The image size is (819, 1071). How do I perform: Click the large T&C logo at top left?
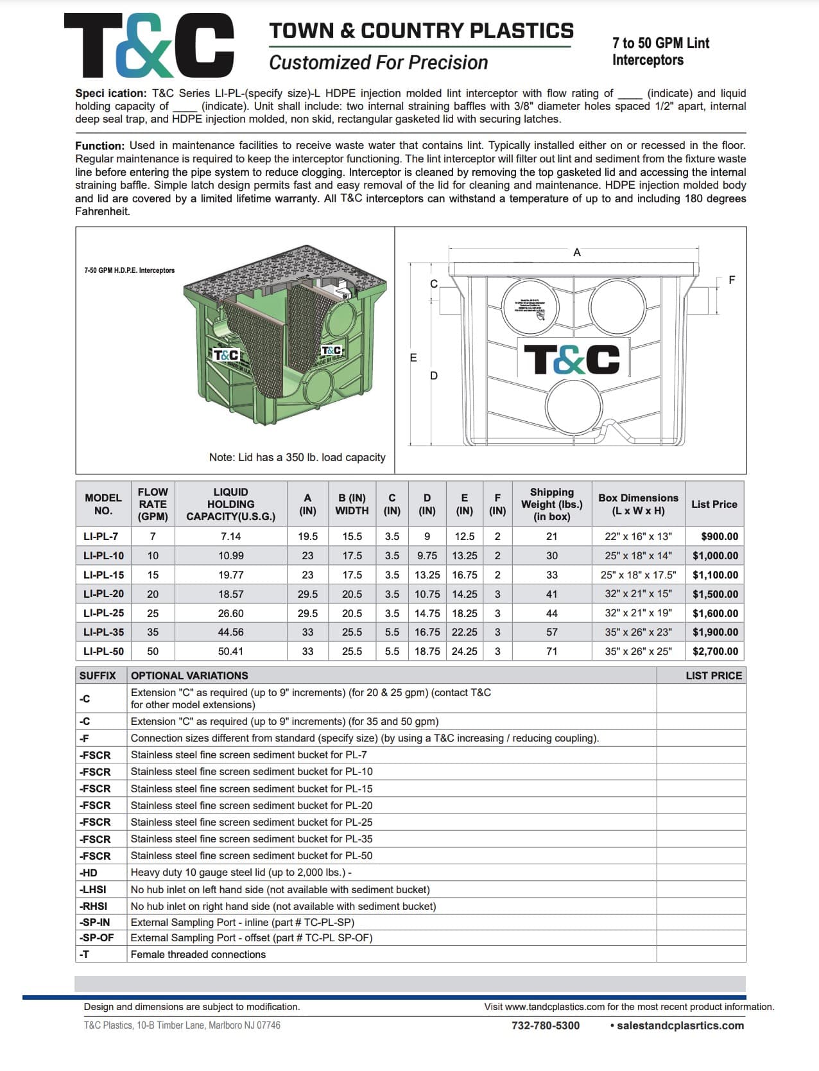(x=149, y=44)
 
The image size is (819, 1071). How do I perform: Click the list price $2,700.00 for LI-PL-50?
(x=715, y=651)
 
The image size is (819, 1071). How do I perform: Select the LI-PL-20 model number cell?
(x=103, y=594)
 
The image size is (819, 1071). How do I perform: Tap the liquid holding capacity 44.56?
(x=230, y=632)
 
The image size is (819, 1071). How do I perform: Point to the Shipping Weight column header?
(x=551, y=504)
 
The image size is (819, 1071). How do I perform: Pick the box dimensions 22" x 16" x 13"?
(x=638, y=536)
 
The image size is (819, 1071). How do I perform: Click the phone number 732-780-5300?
(x=545, y=1025)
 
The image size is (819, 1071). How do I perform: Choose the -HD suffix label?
(x=89, y=873)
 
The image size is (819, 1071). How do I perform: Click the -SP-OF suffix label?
(x=96, y=937)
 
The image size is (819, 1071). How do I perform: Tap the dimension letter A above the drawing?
(x=576, y=252)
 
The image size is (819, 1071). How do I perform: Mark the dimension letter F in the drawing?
(x=732, y=280)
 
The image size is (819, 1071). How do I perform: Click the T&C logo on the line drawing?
(x=572, y=359)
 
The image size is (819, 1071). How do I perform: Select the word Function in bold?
(x=99, y=146)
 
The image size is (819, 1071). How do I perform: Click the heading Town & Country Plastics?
(x=421, y=31)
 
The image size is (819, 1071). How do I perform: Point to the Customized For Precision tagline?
(x=378, y=63)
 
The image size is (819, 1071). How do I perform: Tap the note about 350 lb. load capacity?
(x=297, y=457)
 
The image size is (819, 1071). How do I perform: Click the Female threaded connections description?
(x=198, y=954)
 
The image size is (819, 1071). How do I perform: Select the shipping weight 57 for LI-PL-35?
(x=551, y=632)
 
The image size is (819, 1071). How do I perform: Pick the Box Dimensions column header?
(x=638, y=504)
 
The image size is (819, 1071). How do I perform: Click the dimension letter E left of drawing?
(x=413, y=358)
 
